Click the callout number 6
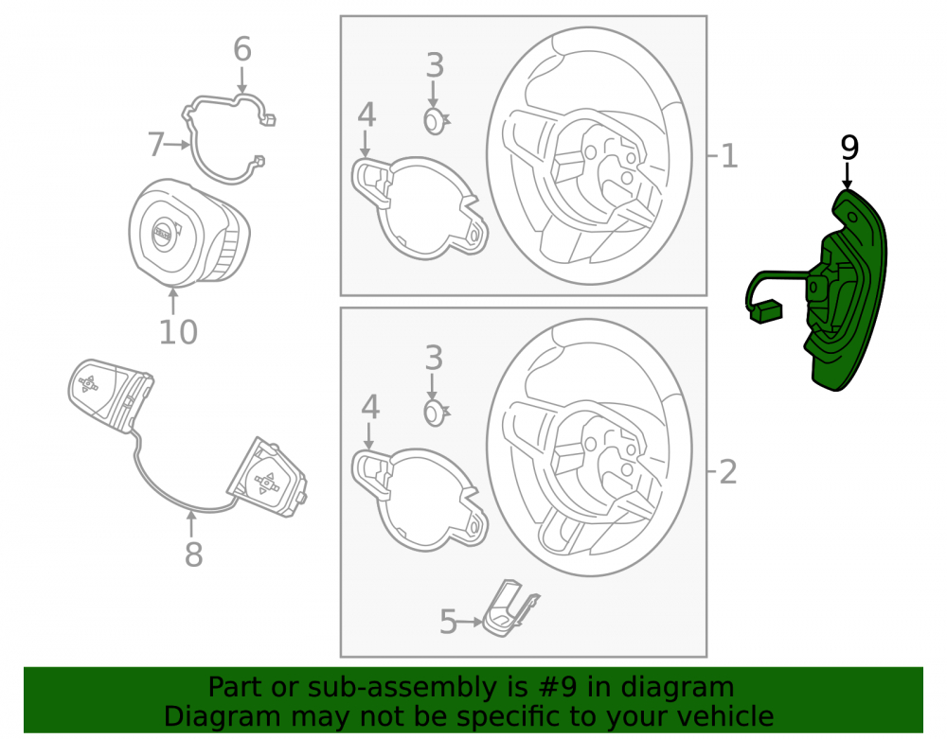242,49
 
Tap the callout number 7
156,145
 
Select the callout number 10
178,332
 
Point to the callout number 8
193,554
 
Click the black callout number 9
849,148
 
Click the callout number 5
448,622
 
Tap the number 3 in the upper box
435,65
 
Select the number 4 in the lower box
370,407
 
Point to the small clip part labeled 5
511,608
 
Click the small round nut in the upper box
436,121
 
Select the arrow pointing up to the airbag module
173,302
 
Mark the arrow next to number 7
178,145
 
